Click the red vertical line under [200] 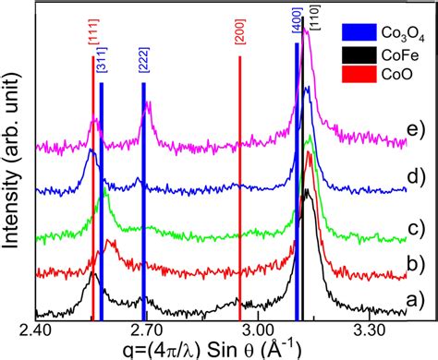pyautogui.click(x=240, y=185)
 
